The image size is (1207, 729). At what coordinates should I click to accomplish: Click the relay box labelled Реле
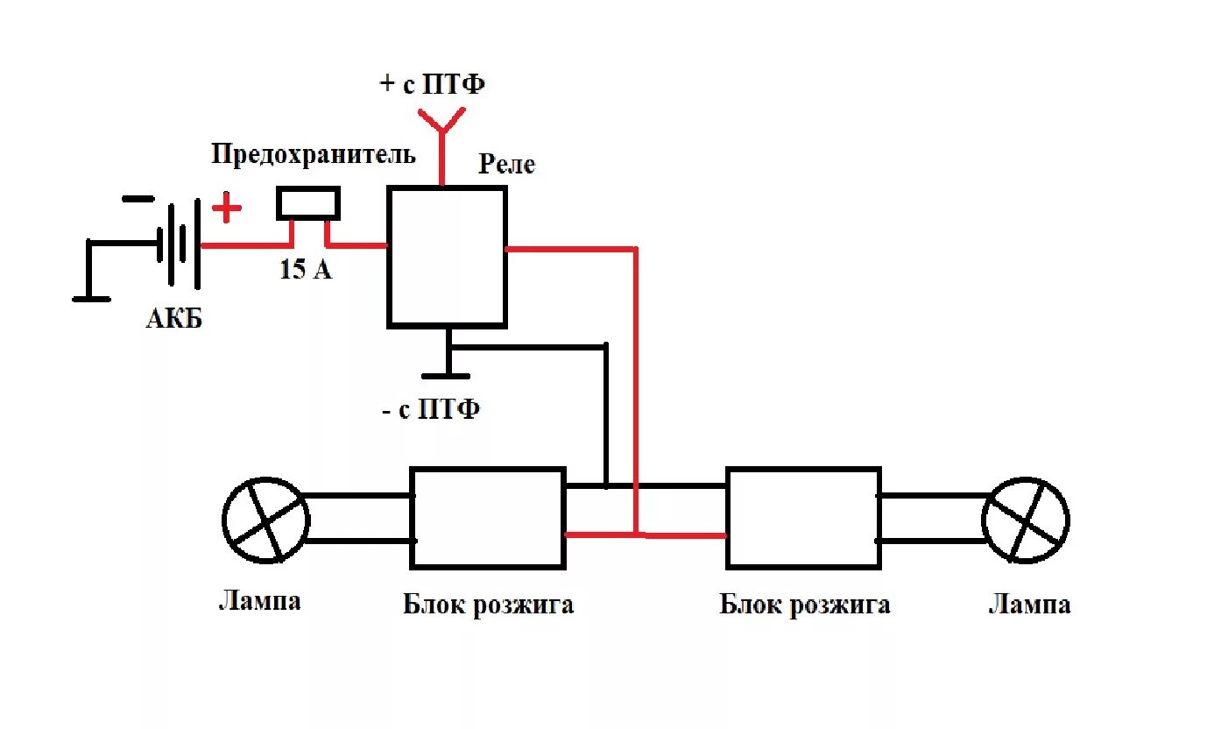click(x=447, y=256)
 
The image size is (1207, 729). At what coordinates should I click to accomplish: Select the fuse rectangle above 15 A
click(x=308, y=202)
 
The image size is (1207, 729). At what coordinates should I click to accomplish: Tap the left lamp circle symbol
click(x=265, y=520)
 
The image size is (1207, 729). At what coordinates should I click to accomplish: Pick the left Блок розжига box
click(x=488, y=517)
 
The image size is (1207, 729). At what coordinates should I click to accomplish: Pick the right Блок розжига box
click(x=802, y=517)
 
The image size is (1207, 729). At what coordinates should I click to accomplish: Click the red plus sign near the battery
click(x=227, y=209)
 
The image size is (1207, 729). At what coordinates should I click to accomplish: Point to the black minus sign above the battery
click(x=138, y=198)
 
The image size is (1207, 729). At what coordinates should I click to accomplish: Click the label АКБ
click(x=173, y=318)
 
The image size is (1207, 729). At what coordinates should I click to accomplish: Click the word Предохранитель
click(x=314, y=156)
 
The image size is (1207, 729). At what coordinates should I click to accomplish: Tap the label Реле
click(x=506, y=164)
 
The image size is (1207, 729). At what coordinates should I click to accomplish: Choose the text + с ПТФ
click(x=433, y=85)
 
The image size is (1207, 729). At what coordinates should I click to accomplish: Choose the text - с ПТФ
click(x=432, y=409)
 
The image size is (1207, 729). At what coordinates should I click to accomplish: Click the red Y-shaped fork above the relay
click(x=442, y=127)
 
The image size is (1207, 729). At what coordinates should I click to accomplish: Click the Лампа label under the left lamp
click(x=259, y=601)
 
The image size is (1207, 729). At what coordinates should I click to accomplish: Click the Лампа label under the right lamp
click(x=1029, y=605)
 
